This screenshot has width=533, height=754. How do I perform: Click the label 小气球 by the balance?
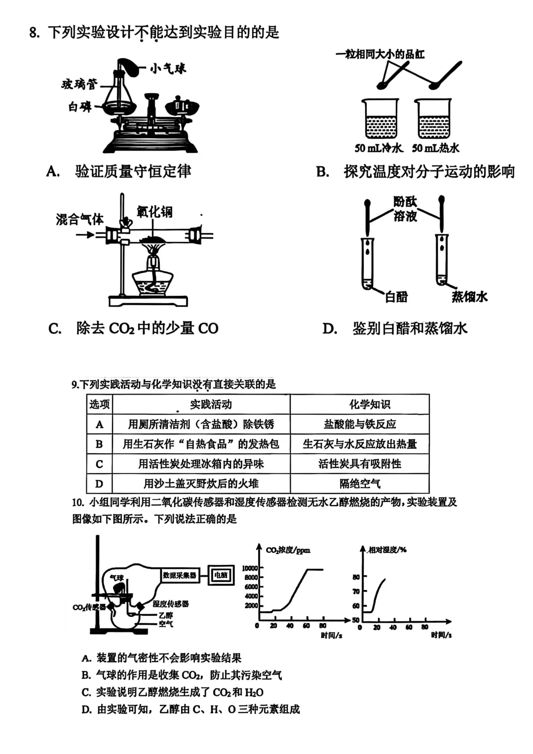tap(168, 69)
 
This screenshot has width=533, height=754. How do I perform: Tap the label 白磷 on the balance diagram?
tap(79, 107)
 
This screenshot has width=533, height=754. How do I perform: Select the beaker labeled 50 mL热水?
tap(434, 119)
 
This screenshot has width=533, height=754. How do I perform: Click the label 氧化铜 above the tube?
tap(155, 212)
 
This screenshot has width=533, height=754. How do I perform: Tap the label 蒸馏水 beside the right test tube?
tap(469, 296)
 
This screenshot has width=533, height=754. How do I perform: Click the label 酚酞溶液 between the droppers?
tap(405, 208)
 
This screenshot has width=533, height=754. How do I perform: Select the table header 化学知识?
tap(370, 404)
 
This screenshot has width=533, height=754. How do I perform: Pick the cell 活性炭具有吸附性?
tap(359, 464)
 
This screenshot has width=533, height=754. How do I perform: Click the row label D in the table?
tap(99, 484)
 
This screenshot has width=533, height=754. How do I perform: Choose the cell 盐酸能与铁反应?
tap(359, 424)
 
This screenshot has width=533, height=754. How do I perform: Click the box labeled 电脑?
tap(221, 575)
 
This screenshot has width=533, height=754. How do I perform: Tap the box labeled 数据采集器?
tap(180, 575)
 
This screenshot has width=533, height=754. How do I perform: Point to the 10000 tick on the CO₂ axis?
tap(250, 568)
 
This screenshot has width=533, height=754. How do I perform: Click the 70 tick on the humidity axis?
tap(356, 591)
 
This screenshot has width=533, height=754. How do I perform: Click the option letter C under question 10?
tap(86, 692)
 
